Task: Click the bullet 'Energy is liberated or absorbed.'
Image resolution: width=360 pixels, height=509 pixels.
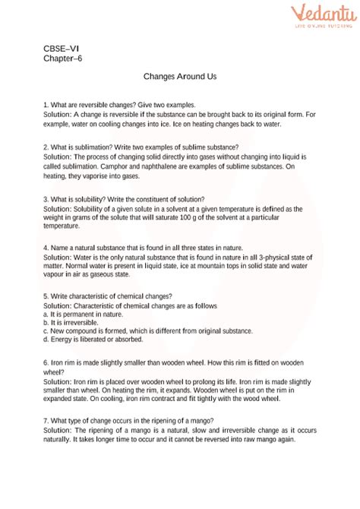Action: point(90,340)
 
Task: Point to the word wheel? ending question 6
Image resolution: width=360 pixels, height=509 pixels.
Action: point(55,372)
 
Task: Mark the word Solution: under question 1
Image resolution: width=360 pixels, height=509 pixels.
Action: point(60,114)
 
